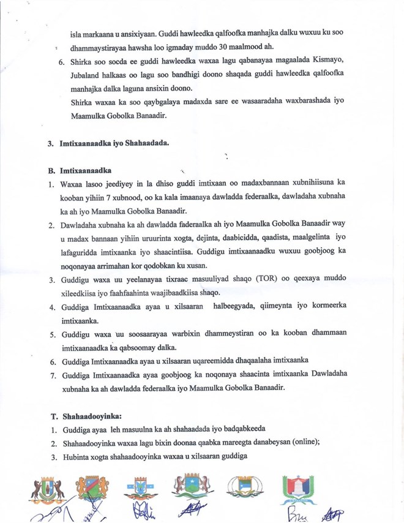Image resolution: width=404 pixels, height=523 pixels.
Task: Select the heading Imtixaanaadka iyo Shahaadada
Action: pos(114,145)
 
